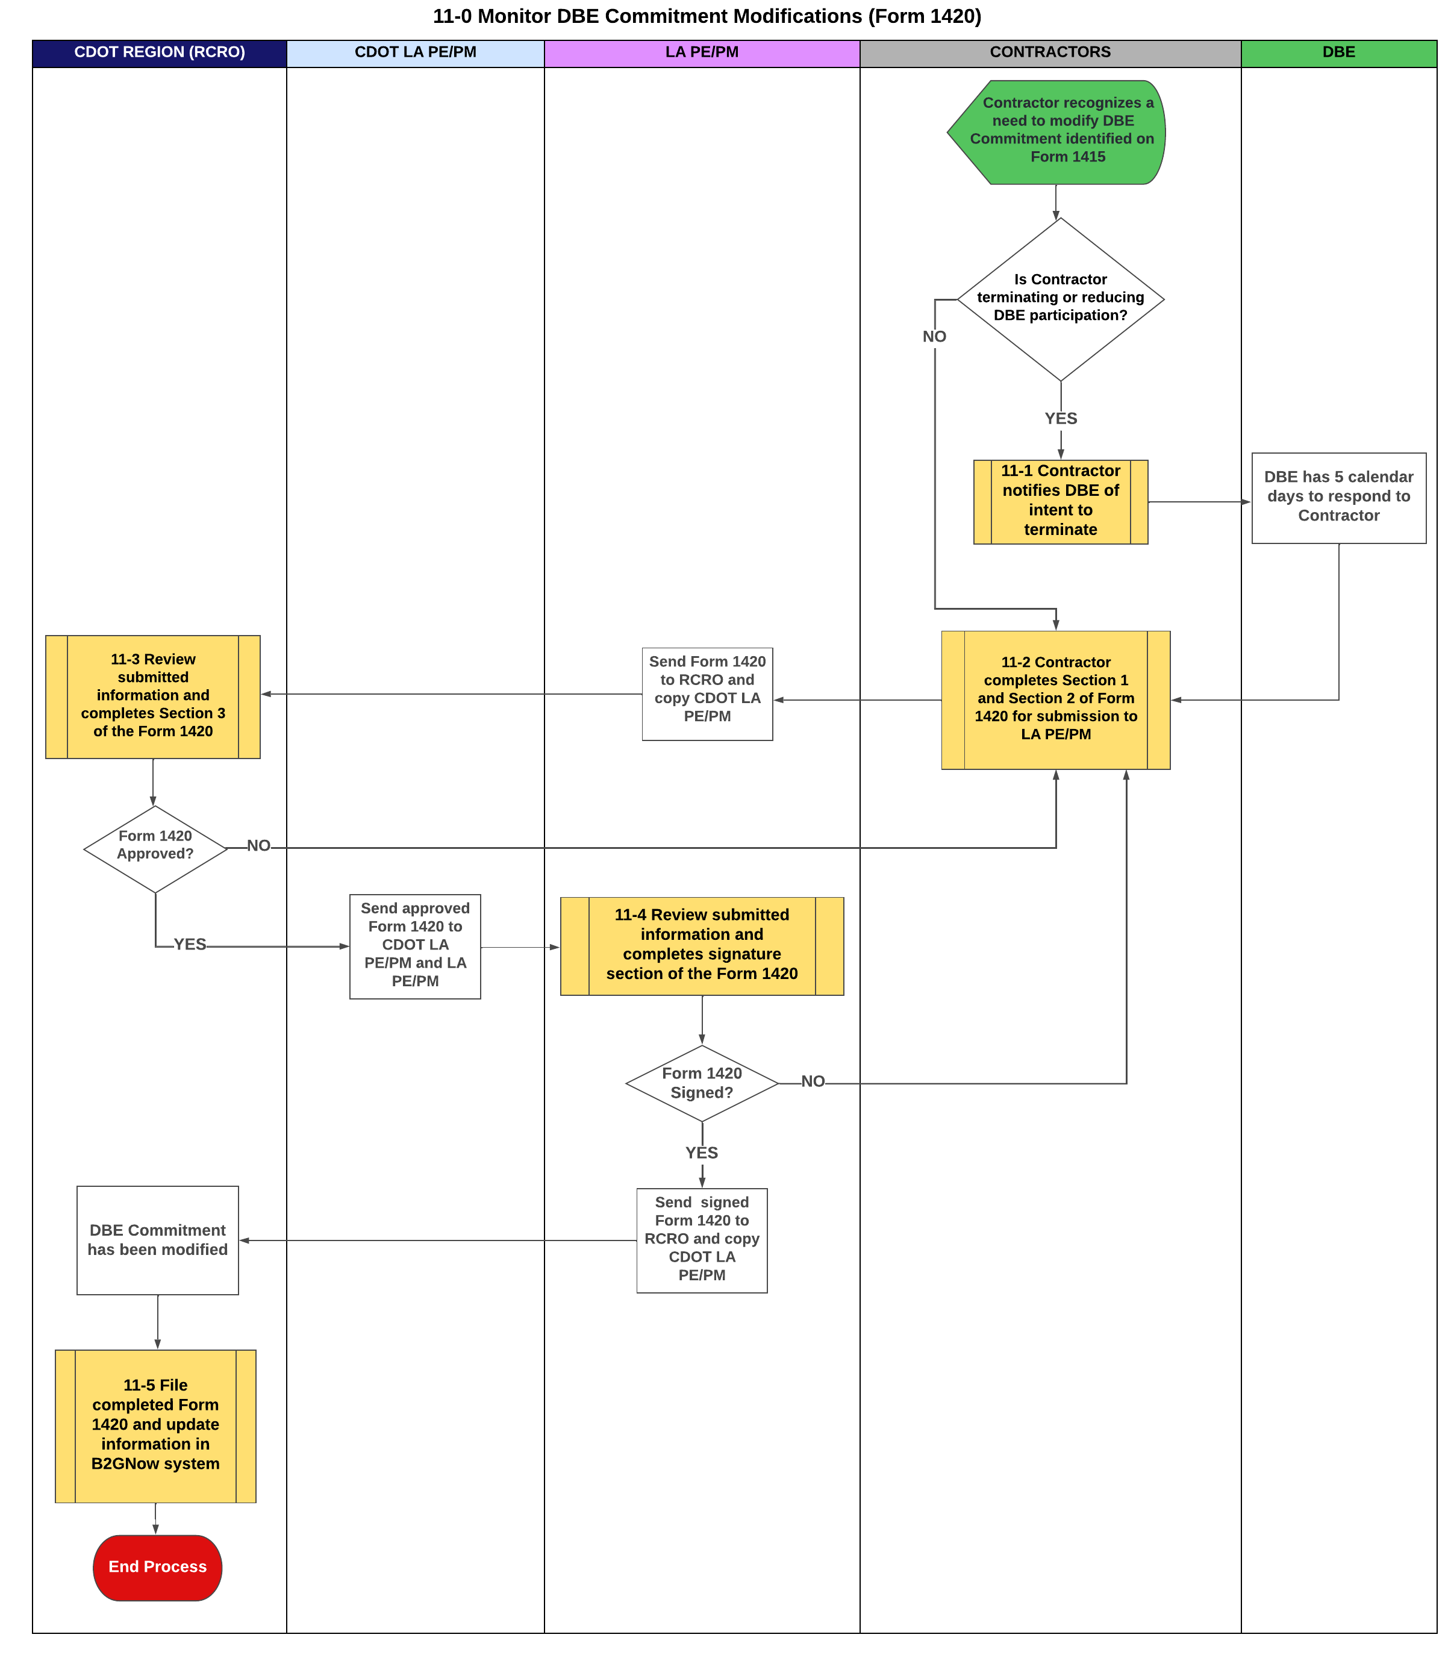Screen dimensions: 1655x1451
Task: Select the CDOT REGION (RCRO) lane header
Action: pyautogui.click(x=160, y=52)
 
